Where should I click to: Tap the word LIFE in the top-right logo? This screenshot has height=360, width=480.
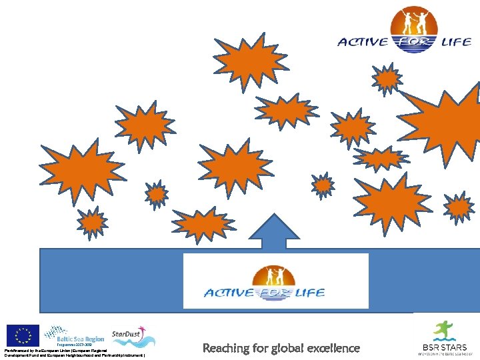(457, 42)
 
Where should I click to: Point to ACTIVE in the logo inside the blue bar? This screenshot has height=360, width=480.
(229, 293)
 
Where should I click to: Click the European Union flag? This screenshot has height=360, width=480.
(23, 335)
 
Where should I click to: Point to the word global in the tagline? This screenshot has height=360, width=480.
(292, 348)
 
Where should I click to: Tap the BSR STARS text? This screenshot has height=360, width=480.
(444, 347)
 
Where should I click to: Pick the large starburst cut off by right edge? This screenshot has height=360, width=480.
(447, 123)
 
